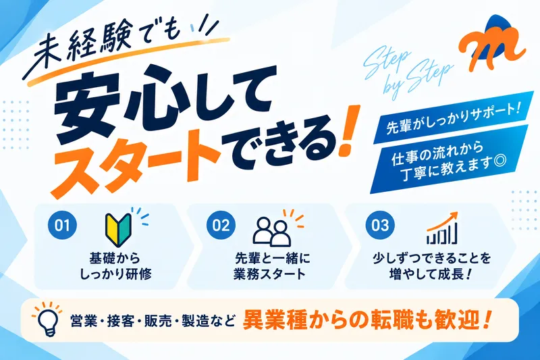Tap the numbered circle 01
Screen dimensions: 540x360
62,225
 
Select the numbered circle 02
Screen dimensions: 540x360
221,225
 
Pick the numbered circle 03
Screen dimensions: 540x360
380,225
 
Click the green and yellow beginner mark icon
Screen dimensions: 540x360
118,230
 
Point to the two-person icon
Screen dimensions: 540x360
272,232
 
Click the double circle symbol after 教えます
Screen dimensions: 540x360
500,161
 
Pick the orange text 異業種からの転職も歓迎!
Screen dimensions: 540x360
367,320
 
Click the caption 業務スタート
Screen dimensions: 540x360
269,274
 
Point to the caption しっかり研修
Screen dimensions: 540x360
115,274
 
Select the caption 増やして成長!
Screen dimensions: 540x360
431,274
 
